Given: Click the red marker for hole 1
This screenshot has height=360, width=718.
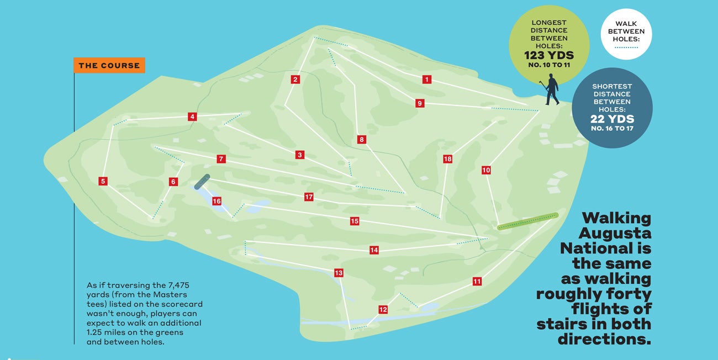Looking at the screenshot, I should click(x=426, y=80).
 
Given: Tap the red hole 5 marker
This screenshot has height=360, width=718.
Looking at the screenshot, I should click(x=103, y=181).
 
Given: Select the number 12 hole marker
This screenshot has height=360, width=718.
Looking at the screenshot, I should click(x=383, y=310).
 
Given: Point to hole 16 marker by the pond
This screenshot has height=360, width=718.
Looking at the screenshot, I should click(x=217, y=202).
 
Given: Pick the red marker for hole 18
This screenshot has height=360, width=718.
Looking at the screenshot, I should click(x=447, y=159).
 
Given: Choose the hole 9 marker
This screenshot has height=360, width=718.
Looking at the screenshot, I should click(x=420, y=103).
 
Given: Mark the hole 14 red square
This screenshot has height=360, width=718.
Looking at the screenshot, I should click(x=374, y=250).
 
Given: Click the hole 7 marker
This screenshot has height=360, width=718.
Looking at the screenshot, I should click(x=221, y=159).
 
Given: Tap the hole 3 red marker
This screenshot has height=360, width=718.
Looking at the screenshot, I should click(x=299, y=155).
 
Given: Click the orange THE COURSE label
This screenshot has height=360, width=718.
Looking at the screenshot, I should click(x=109, y=65).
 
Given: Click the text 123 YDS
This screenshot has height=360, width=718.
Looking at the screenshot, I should click(x=549, y=56).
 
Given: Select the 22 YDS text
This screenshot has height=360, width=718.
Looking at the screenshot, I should click(x=612, y=119).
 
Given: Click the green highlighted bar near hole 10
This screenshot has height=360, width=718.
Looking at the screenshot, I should click(x=527, y=221).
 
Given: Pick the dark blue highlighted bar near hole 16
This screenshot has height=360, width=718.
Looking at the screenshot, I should click(x=202, y=182).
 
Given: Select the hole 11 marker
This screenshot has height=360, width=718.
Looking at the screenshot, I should click(x=477, y=282).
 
